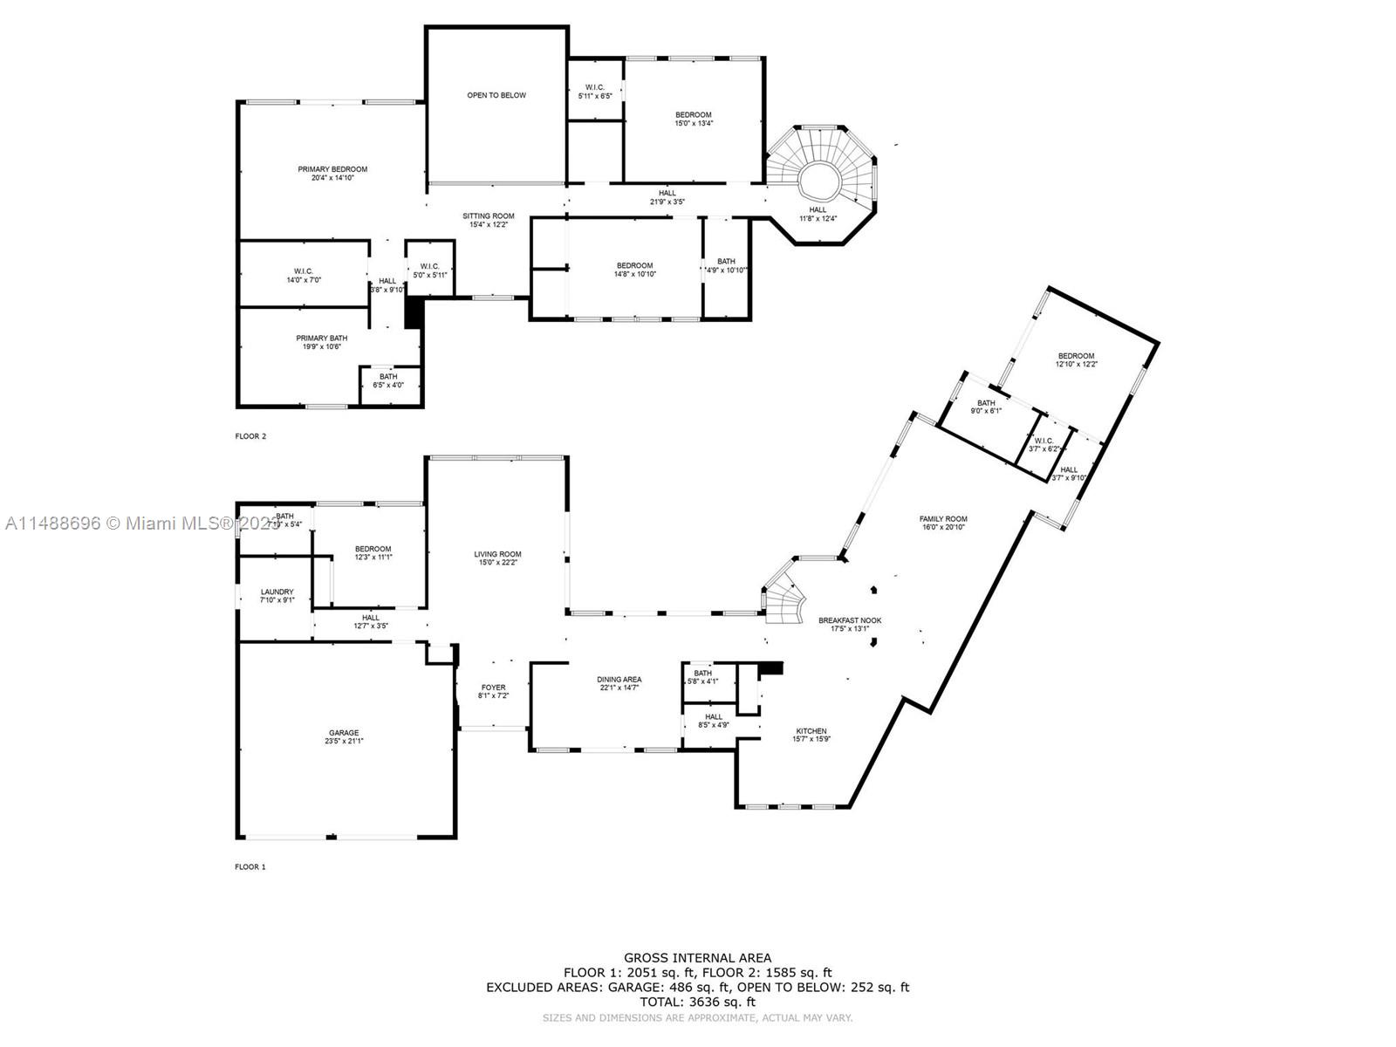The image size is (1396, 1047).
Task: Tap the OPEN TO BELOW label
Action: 496,95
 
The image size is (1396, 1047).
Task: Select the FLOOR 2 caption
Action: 250,436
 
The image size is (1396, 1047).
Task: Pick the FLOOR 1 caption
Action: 250,867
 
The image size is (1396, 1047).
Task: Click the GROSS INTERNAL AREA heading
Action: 697,958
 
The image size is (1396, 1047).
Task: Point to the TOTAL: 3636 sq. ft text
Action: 697,1003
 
